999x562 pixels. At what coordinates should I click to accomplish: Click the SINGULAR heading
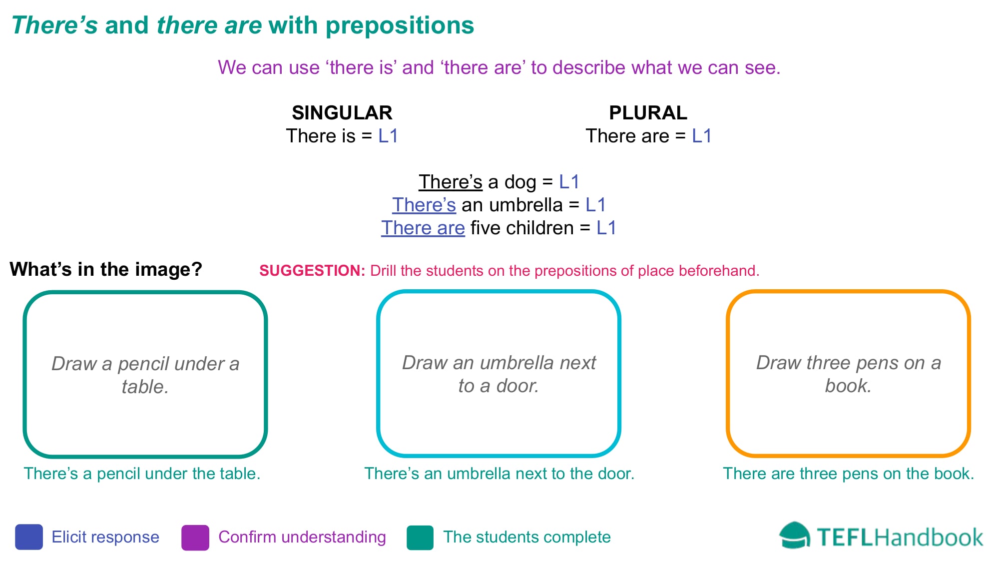pyautogui.click(x=342, y=113)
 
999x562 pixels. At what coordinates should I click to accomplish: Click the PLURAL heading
pyautogui.click(x=648, y=113)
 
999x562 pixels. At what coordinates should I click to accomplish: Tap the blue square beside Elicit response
pyautogui.click(x=29, y=537)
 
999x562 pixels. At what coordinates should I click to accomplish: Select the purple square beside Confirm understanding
pyautogui.click(x=195, y=538)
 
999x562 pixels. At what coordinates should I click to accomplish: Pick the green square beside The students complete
pyautogui.click(x=420, y=538)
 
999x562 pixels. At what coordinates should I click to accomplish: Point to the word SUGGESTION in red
pyautogui.click(x=312, y=271)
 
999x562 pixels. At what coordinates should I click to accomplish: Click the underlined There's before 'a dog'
pyautogui.click(x=451, y=182)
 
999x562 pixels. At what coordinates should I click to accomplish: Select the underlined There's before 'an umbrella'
pyautogui.click(x=424, y=205)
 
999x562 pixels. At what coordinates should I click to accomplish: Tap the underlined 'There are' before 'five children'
pyautogui.click(x=423, y=228)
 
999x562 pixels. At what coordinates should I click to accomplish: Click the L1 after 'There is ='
pyautogui.click(x=388, y=136)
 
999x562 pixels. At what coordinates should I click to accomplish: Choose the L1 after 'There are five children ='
pyautogui.click(x=606, y=228)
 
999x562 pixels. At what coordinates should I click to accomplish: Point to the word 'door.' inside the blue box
pyautogui.click(x=517, y=386)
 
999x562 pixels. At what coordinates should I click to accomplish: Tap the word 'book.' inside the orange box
pyautogui.click(x=848, y=386)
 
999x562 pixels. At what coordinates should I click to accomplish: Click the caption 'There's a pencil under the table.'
pyautogui.click(x=142, y=474)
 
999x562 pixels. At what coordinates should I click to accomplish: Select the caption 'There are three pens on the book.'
pyautogui.click(x=849, y=474)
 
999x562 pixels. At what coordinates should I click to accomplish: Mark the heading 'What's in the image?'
pyautogui.click(x=106, y=269)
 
